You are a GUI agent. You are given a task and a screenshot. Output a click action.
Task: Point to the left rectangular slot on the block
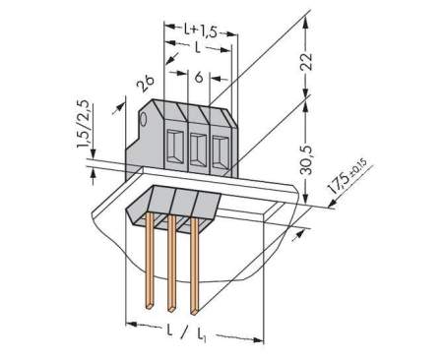pyautogui.click(x=174, y=148)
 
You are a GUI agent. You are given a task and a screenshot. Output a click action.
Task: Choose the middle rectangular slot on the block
pyautogui.click(x=196, y=150)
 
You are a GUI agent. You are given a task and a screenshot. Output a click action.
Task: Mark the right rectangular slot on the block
pyautogui.click(x=218, y=152)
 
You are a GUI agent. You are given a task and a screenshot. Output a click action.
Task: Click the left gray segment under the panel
pyautogui.click(x=151, y=204)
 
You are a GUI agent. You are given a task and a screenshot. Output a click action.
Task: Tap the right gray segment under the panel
pyautogui.click(x=206, y=206)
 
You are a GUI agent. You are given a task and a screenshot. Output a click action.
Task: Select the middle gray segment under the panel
pyautogui.click(x=179, y=206)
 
